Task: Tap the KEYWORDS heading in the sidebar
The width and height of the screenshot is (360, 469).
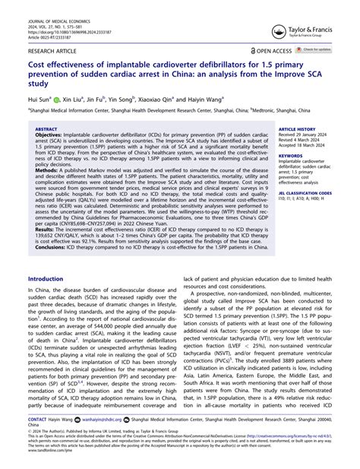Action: coord(290,156)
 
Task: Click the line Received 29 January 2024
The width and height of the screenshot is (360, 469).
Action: coord(307,136)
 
